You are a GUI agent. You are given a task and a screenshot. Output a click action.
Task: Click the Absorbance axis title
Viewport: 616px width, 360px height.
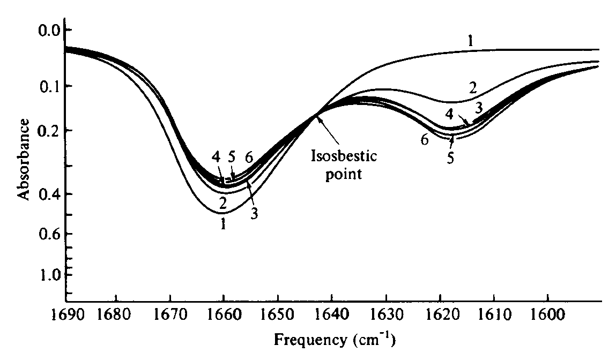pyautogui.click(x=23, y=160)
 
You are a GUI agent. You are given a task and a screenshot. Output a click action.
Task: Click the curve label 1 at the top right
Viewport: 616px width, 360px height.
pyautogui.click(x=469, y=41)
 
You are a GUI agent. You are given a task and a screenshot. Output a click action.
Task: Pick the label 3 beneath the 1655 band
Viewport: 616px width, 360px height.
pyautogui.click(x=255, y=214)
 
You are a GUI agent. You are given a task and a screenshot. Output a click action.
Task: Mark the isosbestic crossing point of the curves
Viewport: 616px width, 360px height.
pyautogui.click(x=317, y=114)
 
